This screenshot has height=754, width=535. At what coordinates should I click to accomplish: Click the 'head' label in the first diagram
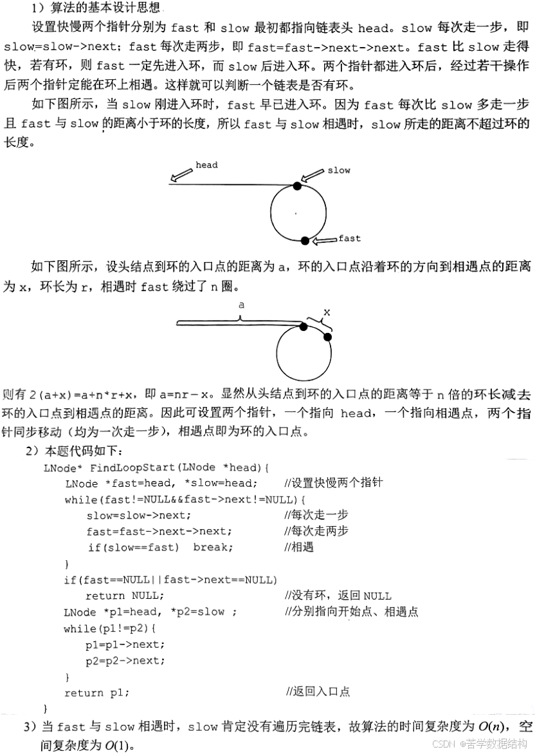click(206, 165)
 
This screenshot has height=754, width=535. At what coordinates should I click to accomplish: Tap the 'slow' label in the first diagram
click(339, 171)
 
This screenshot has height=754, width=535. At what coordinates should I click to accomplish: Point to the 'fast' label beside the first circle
click(349, 239)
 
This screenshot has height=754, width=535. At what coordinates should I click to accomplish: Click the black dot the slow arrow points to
click(296, 185)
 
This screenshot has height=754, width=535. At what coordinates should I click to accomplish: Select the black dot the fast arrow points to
click(305, 241)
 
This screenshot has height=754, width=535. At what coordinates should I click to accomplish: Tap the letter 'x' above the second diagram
click(327, 312)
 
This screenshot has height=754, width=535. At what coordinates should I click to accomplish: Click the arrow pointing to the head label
click(181, 174)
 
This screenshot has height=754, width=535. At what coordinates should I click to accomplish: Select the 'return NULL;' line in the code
click(125, 596)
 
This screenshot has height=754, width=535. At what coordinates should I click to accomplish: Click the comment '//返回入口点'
click(318, 692)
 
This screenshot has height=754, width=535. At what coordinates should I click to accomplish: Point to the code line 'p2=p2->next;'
click(125, 661)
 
